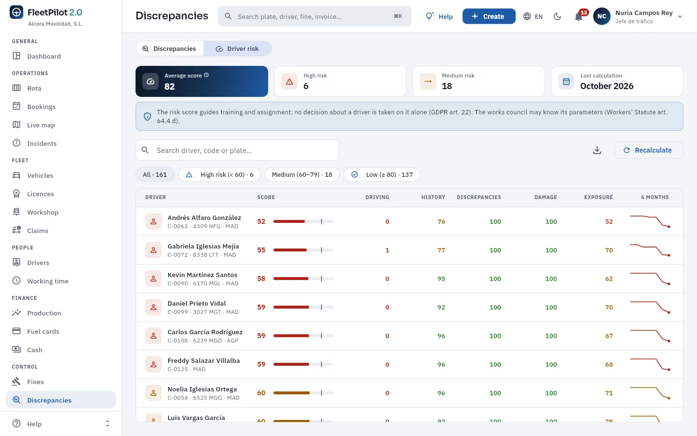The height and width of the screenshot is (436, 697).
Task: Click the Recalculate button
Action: [x=649, y=150]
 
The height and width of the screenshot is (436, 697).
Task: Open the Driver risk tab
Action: [x=237, y=48]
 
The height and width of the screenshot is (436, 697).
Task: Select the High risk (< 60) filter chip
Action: [x=219, y=174]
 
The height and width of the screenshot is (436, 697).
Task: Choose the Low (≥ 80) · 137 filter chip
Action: [x=381, y=174]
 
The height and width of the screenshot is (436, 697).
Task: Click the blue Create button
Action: [x=489, y=16]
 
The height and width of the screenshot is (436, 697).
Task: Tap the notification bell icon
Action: [x=578, y=16]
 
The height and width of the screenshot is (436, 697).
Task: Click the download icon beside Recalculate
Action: [x=597, y=150]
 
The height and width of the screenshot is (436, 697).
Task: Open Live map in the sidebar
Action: [x=41, y=125]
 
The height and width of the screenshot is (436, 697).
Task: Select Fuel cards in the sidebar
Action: [x=43, y=331]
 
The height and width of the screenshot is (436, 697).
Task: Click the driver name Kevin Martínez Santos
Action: [x=202, y=275]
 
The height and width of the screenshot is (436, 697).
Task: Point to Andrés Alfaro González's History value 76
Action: [x=441, y=221]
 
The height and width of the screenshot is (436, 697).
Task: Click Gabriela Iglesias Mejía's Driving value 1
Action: [x=387, y=250]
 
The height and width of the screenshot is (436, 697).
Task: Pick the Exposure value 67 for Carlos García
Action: [x=609, y=336]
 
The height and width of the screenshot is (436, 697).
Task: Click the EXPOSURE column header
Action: [x=598, y=197]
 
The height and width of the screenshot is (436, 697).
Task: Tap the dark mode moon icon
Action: [x=557, y=16]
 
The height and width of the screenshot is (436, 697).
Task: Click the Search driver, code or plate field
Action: [x=237, y=150]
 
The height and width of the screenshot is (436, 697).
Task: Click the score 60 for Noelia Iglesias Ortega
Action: [x=261, y=393]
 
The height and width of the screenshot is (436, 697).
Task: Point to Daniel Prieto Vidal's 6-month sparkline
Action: [x=650, y=307]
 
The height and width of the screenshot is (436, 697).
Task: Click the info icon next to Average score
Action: [x=206, y=75]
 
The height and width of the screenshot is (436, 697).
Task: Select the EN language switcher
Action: [x=533, y=16]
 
